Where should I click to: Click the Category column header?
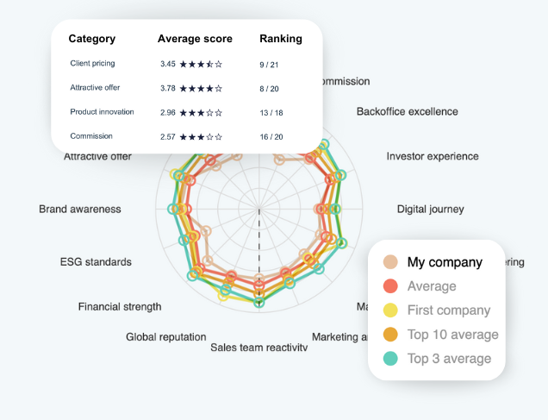tap(91, 39)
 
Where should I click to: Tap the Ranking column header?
tap(281, 39)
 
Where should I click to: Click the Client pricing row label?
tap(92, 63)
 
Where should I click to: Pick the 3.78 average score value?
tap(168, 87)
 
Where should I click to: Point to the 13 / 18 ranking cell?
tap(271, 112)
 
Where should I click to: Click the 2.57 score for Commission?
tap(168, 136)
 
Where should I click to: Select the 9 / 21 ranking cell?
tap(268, 64)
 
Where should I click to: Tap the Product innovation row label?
tap(102, 111)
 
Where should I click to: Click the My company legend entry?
tap(445, 262)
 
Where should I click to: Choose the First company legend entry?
tap(448, 310)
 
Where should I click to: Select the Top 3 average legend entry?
tap(449, 359)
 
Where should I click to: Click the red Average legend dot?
tap(391, 286)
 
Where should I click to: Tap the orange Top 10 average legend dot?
tap(391, 335)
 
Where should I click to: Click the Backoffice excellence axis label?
tap(407, 111)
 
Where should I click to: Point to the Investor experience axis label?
tap(432, 157)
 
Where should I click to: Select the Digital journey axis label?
tap(430, 209)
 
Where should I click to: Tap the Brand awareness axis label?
tap(80, 209)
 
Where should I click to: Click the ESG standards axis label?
tap(96, 261)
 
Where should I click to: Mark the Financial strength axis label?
tap(120, 306)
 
